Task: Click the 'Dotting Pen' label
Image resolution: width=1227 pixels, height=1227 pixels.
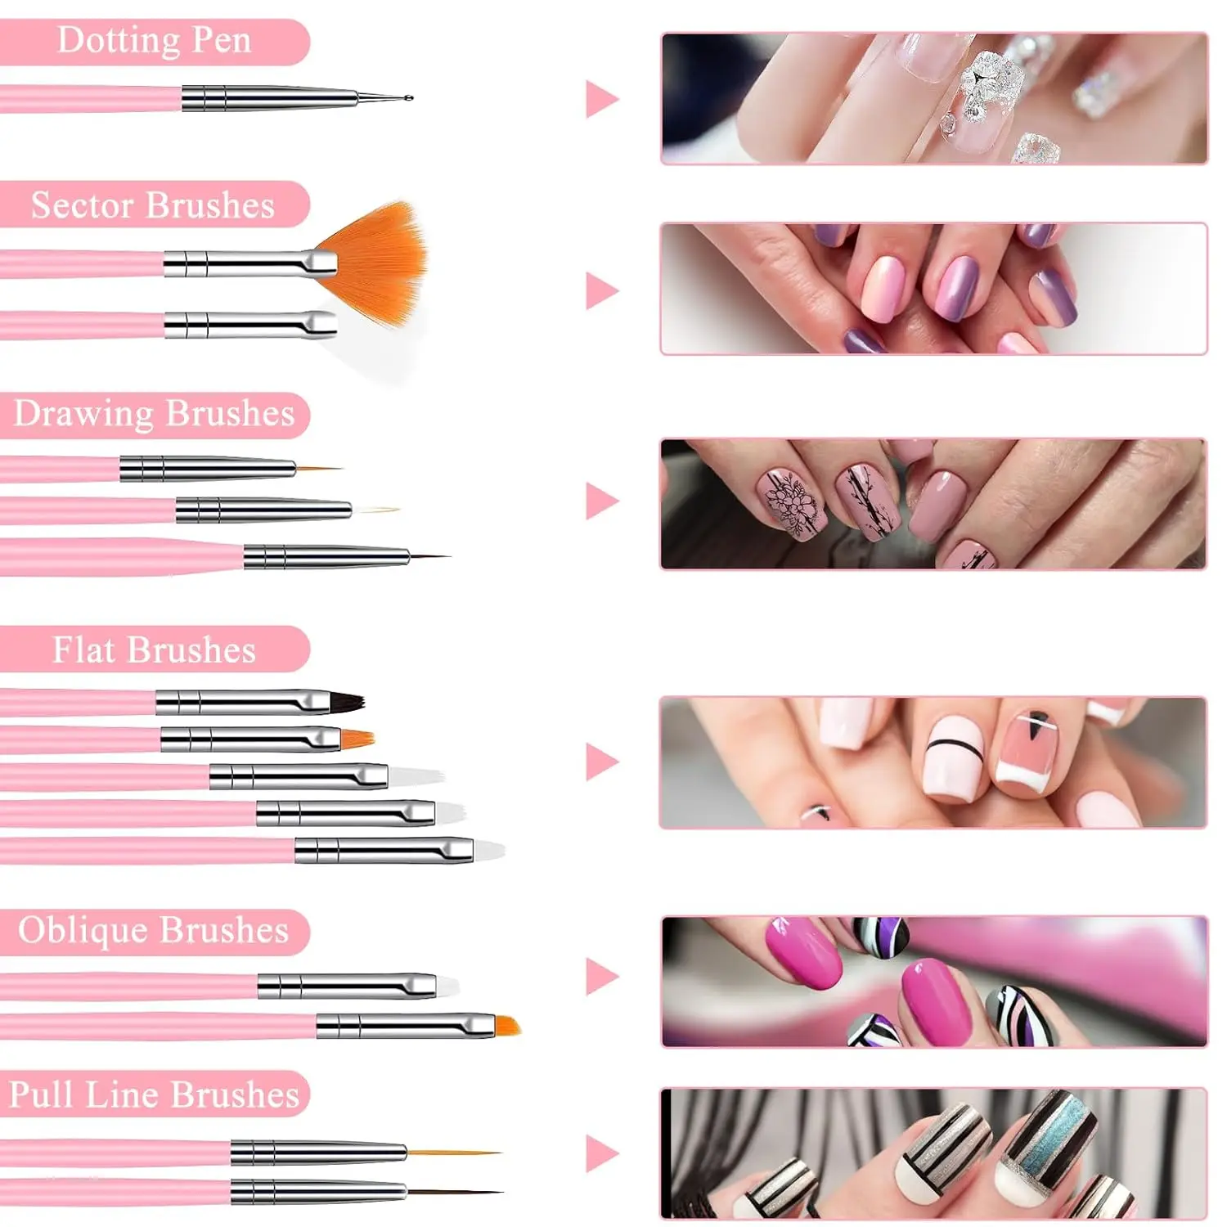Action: (x=154, y=41)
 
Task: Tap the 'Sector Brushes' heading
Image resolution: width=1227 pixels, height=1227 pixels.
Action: (x=153, y=205)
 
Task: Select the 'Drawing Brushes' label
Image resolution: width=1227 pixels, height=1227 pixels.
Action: (x=154, y=414)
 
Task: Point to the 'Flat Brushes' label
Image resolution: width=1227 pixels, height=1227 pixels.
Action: (x=154, y=650)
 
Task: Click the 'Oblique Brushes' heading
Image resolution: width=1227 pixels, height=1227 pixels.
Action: (x=154, y=931)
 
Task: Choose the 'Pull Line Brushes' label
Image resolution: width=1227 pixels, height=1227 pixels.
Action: (x=154, y=1094)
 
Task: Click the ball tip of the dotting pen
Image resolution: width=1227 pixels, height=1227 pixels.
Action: (x=408, y=98)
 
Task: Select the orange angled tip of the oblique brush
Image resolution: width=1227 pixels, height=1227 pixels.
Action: (x=507, y=1025)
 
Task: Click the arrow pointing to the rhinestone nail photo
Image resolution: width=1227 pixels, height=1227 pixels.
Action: (x=601, y=99)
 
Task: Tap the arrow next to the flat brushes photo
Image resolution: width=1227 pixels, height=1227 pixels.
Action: (x=601, y=762)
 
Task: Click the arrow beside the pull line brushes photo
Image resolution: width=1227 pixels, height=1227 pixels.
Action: (x=601, y=1153)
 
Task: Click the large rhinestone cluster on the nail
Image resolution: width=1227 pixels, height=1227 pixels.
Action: (x=991, y=84)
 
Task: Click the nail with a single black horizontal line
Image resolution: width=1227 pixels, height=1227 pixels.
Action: (x=952, y=757)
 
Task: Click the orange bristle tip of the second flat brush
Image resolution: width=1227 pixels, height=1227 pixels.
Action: (x=357, y=739)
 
